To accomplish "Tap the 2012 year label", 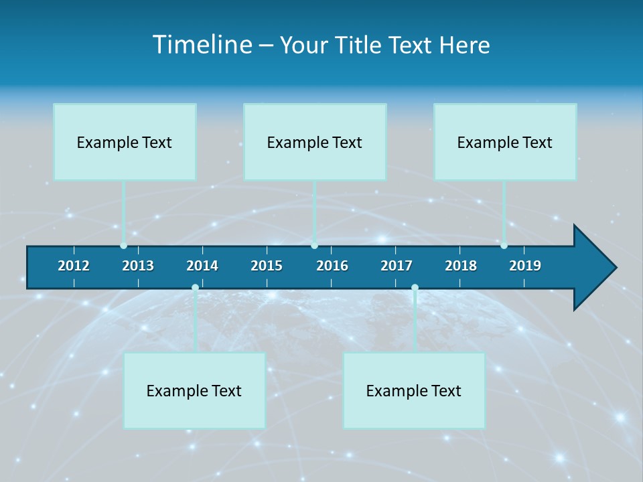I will click(x=74, y=266).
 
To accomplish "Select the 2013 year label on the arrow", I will click(x=138, y=266).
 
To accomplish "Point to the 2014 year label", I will click(x=202, y=266).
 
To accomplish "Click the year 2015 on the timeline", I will click(x=267, y=266).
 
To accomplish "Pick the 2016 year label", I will click(x=332, y=266).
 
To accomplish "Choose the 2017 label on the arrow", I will click(x=397, y=266).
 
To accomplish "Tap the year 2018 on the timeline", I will click(x=461, y=266).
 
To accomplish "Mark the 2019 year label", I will click(x=525, y=266).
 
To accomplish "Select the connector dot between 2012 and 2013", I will click(x=124, y=246).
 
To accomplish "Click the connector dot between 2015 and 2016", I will click(x=315, y=246).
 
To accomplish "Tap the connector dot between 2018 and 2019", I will click(x=504, y=246).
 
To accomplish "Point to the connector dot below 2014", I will click(x=195, y=288).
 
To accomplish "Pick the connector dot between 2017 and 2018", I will click(x=415, y=288).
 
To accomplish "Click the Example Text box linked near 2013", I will click(x=125, y=142).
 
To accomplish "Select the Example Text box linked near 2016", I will click(x=315, y=142).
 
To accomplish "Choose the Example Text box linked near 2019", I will click(x=505, y=142).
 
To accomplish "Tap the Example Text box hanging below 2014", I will click(x=194, y=390).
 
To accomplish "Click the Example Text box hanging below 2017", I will click(x=414, y=390).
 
